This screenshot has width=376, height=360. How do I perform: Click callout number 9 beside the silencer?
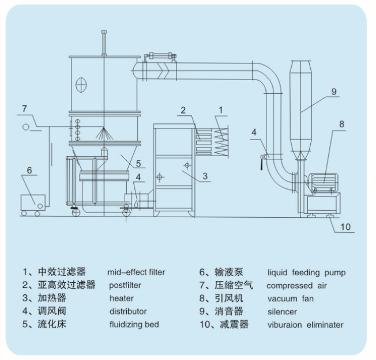(x=334, y=91)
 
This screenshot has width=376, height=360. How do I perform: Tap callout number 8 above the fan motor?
(x=341, y=124)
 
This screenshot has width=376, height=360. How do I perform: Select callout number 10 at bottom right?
(x=344, y=227)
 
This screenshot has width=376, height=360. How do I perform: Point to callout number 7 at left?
(x=24, y=108)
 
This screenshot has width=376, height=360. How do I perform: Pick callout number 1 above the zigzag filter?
(x=220, y=109)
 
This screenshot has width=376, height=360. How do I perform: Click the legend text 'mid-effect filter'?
(x=136, y=272)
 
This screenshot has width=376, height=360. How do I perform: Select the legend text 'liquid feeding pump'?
(x=307, y=272)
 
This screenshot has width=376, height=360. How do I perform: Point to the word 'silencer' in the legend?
(x=282, y=312)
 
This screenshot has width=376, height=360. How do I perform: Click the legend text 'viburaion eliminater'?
(x=305, y=325)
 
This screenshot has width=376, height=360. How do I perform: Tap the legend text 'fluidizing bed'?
(x=134, y=325)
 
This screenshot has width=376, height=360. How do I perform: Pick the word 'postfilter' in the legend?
(x=125, y=285)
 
